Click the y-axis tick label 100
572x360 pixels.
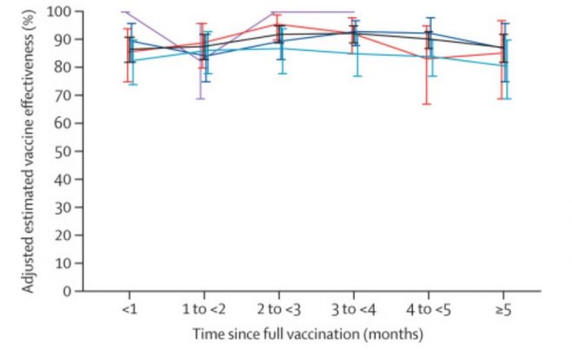[61, 11]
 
